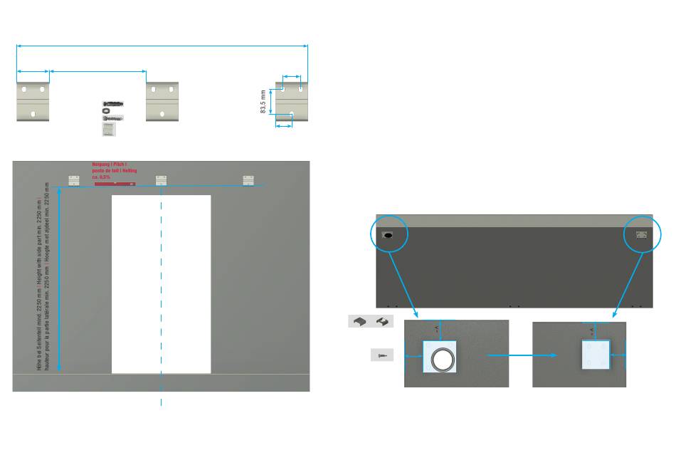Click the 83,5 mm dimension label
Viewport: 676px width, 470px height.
[263, 101]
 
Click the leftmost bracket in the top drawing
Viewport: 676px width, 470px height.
[33, 101]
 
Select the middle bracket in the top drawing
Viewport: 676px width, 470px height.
[162, 101]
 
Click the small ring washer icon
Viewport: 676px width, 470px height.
[106, 110]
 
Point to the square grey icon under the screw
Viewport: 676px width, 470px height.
[108, 129]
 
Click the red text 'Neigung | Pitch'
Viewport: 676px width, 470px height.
[109, 164]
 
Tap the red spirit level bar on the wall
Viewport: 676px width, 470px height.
[115, 184]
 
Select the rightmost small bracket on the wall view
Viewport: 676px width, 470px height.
[248, 180]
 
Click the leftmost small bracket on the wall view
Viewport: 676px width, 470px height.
[74, 180]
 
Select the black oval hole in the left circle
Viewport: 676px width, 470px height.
[389, 234]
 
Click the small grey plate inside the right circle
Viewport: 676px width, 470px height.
[641, 234]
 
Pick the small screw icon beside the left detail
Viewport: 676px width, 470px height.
[382, 355]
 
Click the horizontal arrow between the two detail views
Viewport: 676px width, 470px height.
[521, 355]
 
